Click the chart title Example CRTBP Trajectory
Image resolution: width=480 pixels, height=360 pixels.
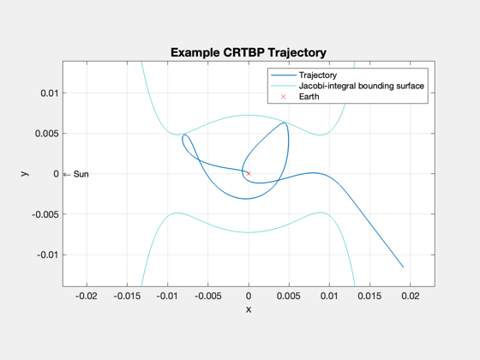click(249, 52)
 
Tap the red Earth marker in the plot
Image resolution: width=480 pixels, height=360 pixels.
click(249, 173)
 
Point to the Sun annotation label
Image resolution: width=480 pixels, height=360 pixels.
click(81, 174)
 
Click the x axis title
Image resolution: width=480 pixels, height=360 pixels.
click(249, 309)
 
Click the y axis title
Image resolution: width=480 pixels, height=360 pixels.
click(25, 173)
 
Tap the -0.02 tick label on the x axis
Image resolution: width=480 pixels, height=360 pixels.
click(87, 296)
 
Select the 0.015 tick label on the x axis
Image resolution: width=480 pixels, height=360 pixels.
click(369, 296)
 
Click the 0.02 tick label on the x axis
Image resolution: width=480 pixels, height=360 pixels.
click(411, 296)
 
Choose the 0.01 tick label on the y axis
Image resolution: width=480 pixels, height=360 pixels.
click(50, 93)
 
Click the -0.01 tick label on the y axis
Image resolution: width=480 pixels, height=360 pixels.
click(47, 255)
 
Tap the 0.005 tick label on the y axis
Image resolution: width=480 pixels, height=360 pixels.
click(47, 134)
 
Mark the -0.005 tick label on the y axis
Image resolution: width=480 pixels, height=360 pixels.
click(45, 214)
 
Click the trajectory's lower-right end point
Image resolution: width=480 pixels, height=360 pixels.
click(403, 267)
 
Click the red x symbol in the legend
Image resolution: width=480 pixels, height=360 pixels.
click(284, 97)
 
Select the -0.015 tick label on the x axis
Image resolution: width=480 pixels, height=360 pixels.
click(127, 296)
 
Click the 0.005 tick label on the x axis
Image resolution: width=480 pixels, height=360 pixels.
click(289, 296)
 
